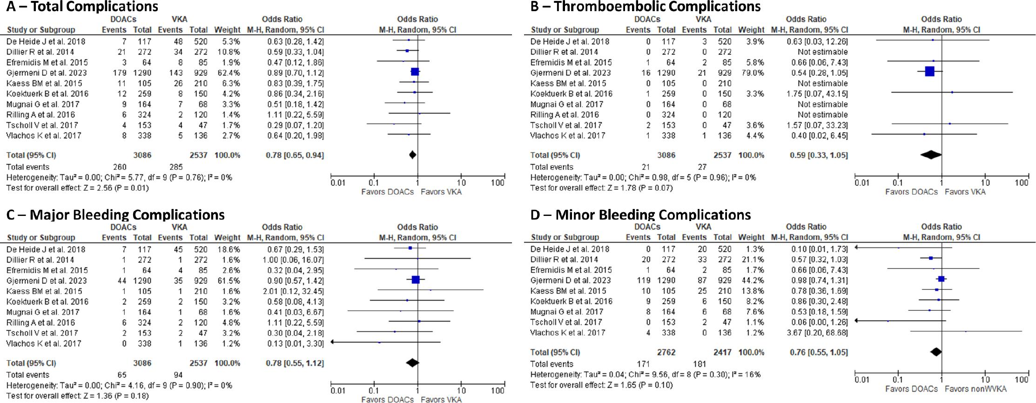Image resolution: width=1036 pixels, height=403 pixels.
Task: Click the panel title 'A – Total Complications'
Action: point(82,7)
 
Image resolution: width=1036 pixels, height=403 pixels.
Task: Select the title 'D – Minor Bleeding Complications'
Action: point(640,215)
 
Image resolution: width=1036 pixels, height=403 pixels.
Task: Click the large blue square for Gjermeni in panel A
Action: point(415,72)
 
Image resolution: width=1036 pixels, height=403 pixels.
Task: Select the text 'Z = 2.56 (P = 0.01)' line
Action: point(77,188)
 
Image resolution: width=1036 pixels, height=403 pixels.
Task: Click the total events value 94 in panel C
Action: point(178,375)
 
